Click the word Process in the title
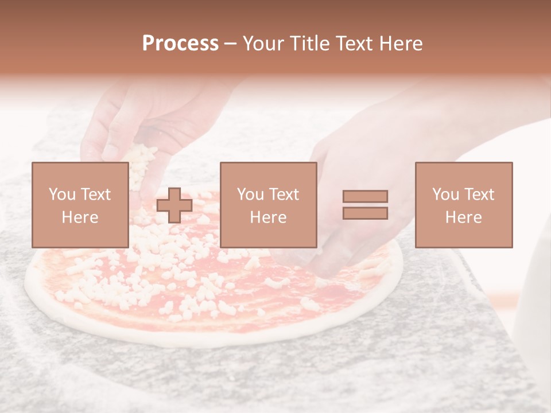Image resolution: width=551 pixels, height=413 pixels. point(180,44)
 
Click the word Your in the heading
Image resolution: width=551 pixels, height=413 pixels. point(265,44)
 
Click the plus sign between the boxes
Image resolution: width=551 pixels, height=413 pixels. point(174,205)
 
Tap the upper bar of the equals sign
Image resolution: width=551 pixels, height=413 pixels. point(365,196)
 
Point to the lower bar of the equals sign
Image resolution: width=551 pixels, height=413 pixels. point(365,213)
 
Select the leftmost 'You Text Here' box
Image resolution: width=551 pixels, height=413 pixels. point(80,205)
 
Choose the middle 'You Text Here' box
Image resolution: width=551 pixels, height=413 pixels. point(268,205)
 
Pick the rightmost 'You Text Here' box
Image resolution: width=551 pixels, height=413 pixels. point(463,205)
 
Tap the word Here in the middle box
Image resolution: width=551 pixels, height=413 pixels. point(268,217)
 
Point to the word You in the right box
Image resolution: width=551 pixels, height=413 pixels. point(446,194)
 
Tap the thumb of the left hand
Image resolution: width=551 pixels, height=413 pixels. point(92,143)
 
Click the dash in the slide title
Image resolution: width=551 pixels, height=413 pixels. point(231,44)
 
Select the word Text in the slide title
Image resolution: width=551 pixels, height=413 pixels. point(351,44)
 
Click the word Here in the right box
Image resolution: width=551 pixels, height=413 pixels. point(463,217)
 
